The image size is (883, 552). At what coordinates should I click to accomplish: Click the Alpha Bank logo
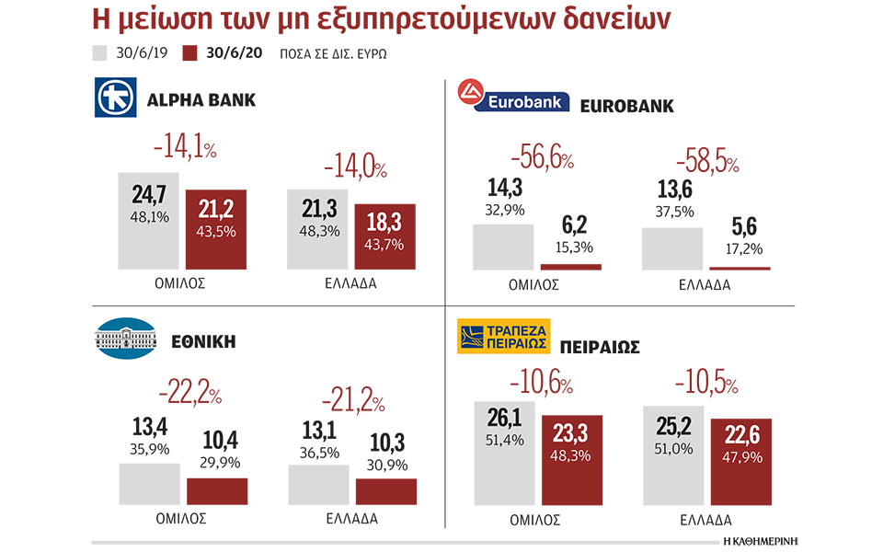tap(115, 98)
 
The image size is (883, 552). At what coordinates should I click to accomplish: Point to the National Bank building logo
tap(126, 339)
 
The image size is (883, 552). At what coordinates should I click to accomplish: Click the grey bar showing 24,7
tap(148, 220)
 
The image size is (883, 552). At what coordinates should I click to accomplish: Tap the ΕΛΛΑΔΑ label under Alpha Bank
tap(351, 284)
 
